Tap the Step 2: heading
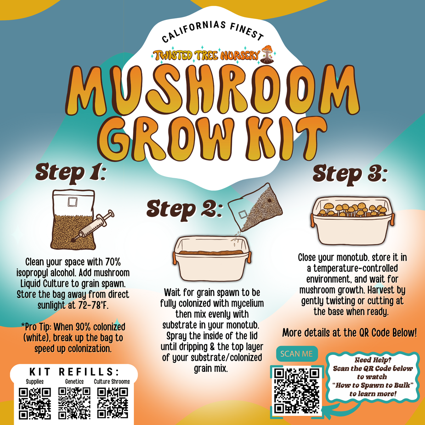pos(185,210)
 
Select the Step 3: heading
pos(350,176)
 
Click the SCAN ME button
pos(297,354)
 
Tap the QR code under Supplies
pos(35,403)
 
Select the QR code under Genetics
pos(74,403)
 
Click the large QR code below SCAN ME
pos(297,391)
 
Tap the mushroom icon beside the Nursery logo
pos(267,54)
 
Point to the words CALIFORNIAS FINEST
pos(213,31)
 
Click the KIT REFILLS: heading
pos(74,372)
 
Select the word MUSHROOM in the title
pos(212,90)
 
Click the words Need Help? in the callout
pos(373,360)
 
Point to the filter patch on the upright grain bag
pos(72,202)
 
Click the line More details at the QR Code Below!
pos(350,333)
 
